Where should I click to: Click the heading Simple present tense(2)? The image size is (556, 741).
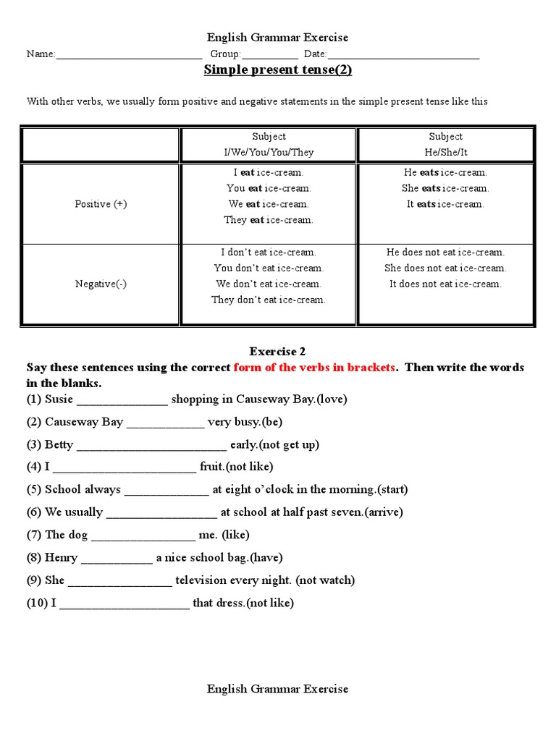click(278, 70)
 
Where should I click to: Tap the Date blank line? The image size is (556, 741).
click(403, 55)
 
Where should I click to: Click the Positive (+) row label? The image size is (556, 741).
click(101, 204)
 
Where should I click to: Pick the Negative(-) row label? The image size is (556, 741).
click(101, 284)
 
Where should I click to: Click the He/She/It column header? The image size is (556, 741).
click(445, 153)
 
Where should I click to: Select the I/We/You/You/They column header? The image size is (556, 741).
click(269, 153)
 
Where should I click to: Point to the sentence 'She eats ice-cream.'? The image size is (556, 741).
click(445, 188)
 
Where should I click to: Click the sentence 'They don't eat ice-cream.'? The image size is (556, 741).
click(269, 300)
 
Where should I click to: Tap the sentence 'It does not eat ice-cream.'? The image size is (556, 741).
click(445, 284)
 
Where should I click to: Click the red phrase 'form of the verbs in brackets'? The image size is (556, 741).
click(314, 368)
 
